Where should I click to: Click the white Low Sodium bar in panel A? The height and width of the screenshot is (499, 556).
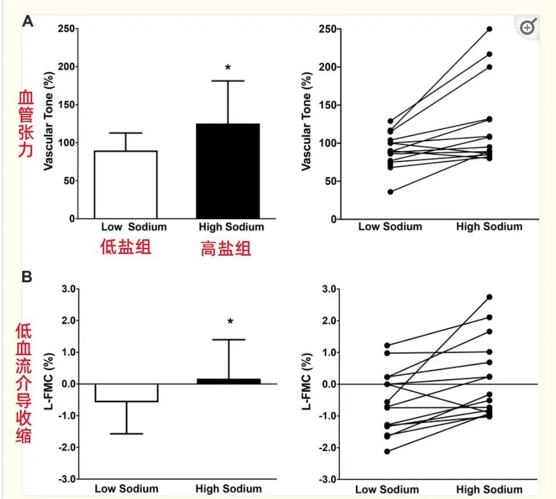[x=127, y=185]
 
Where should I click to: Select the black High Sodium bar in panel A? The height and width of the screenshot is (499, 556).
[x=228, y=171]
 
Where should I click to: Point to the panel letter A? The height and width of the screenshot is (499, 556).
[x=27, y=22]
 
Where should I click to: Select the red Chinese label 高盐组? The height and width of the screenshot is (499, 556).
[x=226, y=250]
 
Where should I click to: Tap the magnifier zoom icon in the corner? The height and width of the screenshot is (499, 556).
[x=528, y=27]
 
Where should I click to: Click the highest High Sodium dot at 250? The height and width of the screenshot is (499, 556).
[x=489, y=29]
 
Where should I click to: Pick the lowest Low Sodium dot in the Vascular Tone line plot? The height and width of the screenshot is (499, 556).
[x=390, y=192]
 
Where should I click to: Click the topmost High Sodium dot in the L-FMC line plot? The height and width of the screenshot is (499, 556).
[x=489, y=297]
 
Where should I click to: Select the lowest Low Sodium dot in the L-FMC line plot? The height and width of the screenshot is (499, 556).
[x=387, y=451]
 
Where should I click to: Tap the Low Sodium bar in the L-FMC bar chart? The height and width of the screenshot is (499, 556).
[x=127, y=393]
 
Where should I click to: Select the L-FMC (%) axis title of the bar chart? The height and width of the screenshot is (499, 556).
[x=49, y=383]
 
